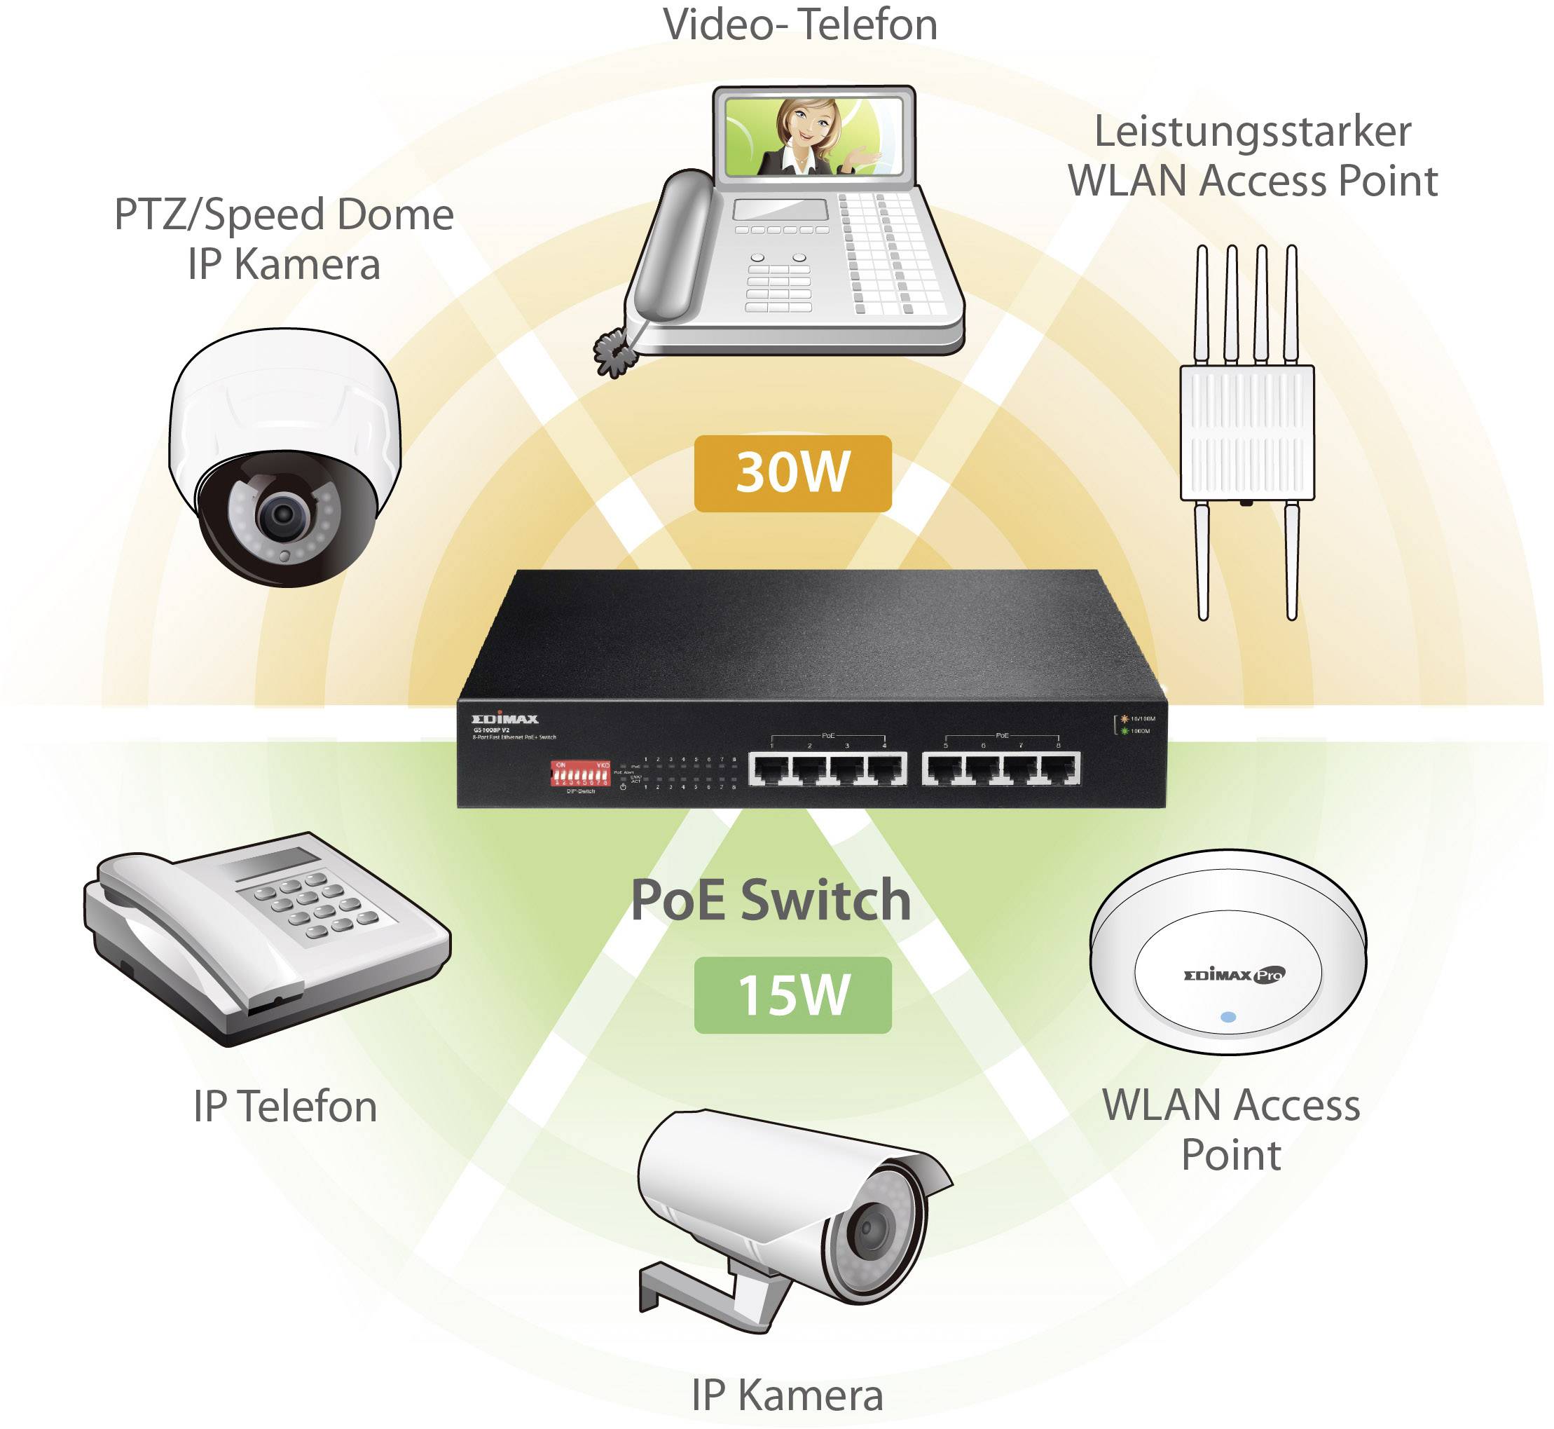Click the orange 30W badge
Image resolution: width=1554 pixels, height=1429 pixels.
click(x=792, y=473)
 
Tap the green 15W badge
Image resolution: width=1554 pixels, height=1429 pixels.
click(x=792, y=995)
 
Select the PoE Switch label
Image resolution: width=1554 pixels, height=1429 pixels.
click(x=771, y=901)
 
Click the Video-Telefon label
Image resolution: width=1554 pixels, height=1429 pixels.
click(x=800, y=25)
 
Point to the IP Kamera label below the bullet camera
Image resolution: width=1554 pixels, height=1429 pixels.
click(x=787, y=1396)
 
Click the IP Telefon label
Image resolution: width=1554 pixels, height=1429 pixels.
click(x=285, y=1107)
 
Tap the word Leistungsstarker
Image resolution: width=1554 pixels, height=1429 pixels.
click(x=1253, y=132)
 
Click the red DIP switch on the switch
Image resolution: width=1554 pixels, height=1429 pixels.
click(x=580, y=774)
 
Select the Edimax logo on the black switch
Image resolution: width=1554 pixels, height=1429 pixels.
click(x=505, y=719)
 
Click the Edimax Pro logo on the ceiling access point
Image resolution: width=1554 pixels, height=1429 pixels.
click(x=1234, y=976)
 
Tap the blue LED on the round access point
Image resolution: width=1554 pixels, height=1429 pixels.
click(x=1228, y=1018)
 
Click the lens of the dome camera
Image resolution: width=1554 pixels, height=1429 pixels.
click(x=283, y=515)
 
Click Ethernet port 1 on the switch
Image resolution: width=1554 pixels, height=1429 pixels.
click(x=770, y=769)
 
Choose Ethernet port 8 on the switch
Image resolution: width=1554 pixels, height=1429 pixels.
click(x=1059, y=769)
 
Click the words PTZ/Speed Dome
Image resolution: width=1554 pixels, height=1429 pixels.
click(x=284, y=215)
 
